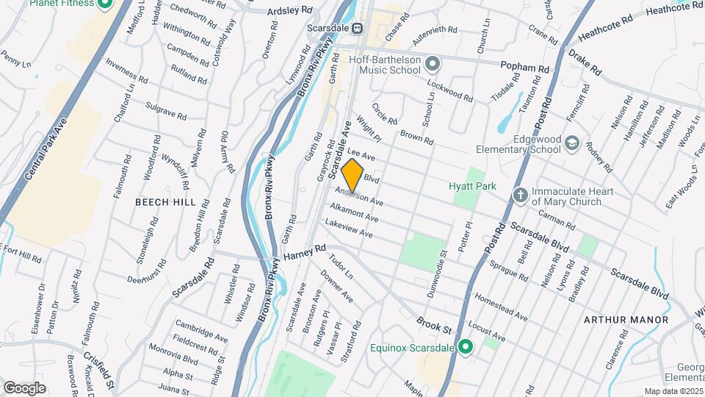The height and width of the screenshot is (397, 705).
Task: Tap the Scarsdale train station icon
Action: pyautogui.click(x=357, y=29)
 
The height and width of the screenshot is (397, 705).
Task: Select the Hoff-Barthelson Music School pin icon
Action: pyautogui.click(x=433, y=65)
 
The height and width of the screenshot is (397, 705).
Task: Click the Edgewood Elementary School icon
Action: pyautogui.click(x=572, y=143)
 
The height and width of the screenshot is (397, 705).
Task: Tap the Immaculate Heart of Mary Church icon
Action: pyautogui.click(x=520, y=196)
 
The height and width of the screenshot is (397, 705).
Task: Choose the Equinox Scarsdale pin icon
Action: pyautogui.click(x=465, y=346)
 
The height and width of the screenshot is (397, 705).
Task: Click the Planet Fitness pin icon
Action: pyautogui.click(x=104, y=4)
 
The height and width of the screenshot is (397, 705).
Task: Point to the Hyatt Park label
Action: pyautogui.click(x=468, y=186)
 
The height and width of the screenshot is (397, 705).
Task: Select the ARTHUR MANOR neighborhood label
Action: pyautogui.click(x=626, y=320)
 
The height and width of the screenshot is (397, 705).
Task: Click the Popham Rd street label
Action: pyautogui.click(x=525, y=68)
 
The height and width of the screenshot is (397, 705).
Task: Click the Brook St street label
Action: pyautogui.click(x=434, y=321)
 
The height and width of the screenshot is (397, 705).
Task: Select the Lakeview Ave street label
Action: pyautogui.click(x=349, y=229)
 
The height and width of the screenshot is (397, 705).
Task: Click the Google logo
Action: pyautogui.click(x=24, y=387)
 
